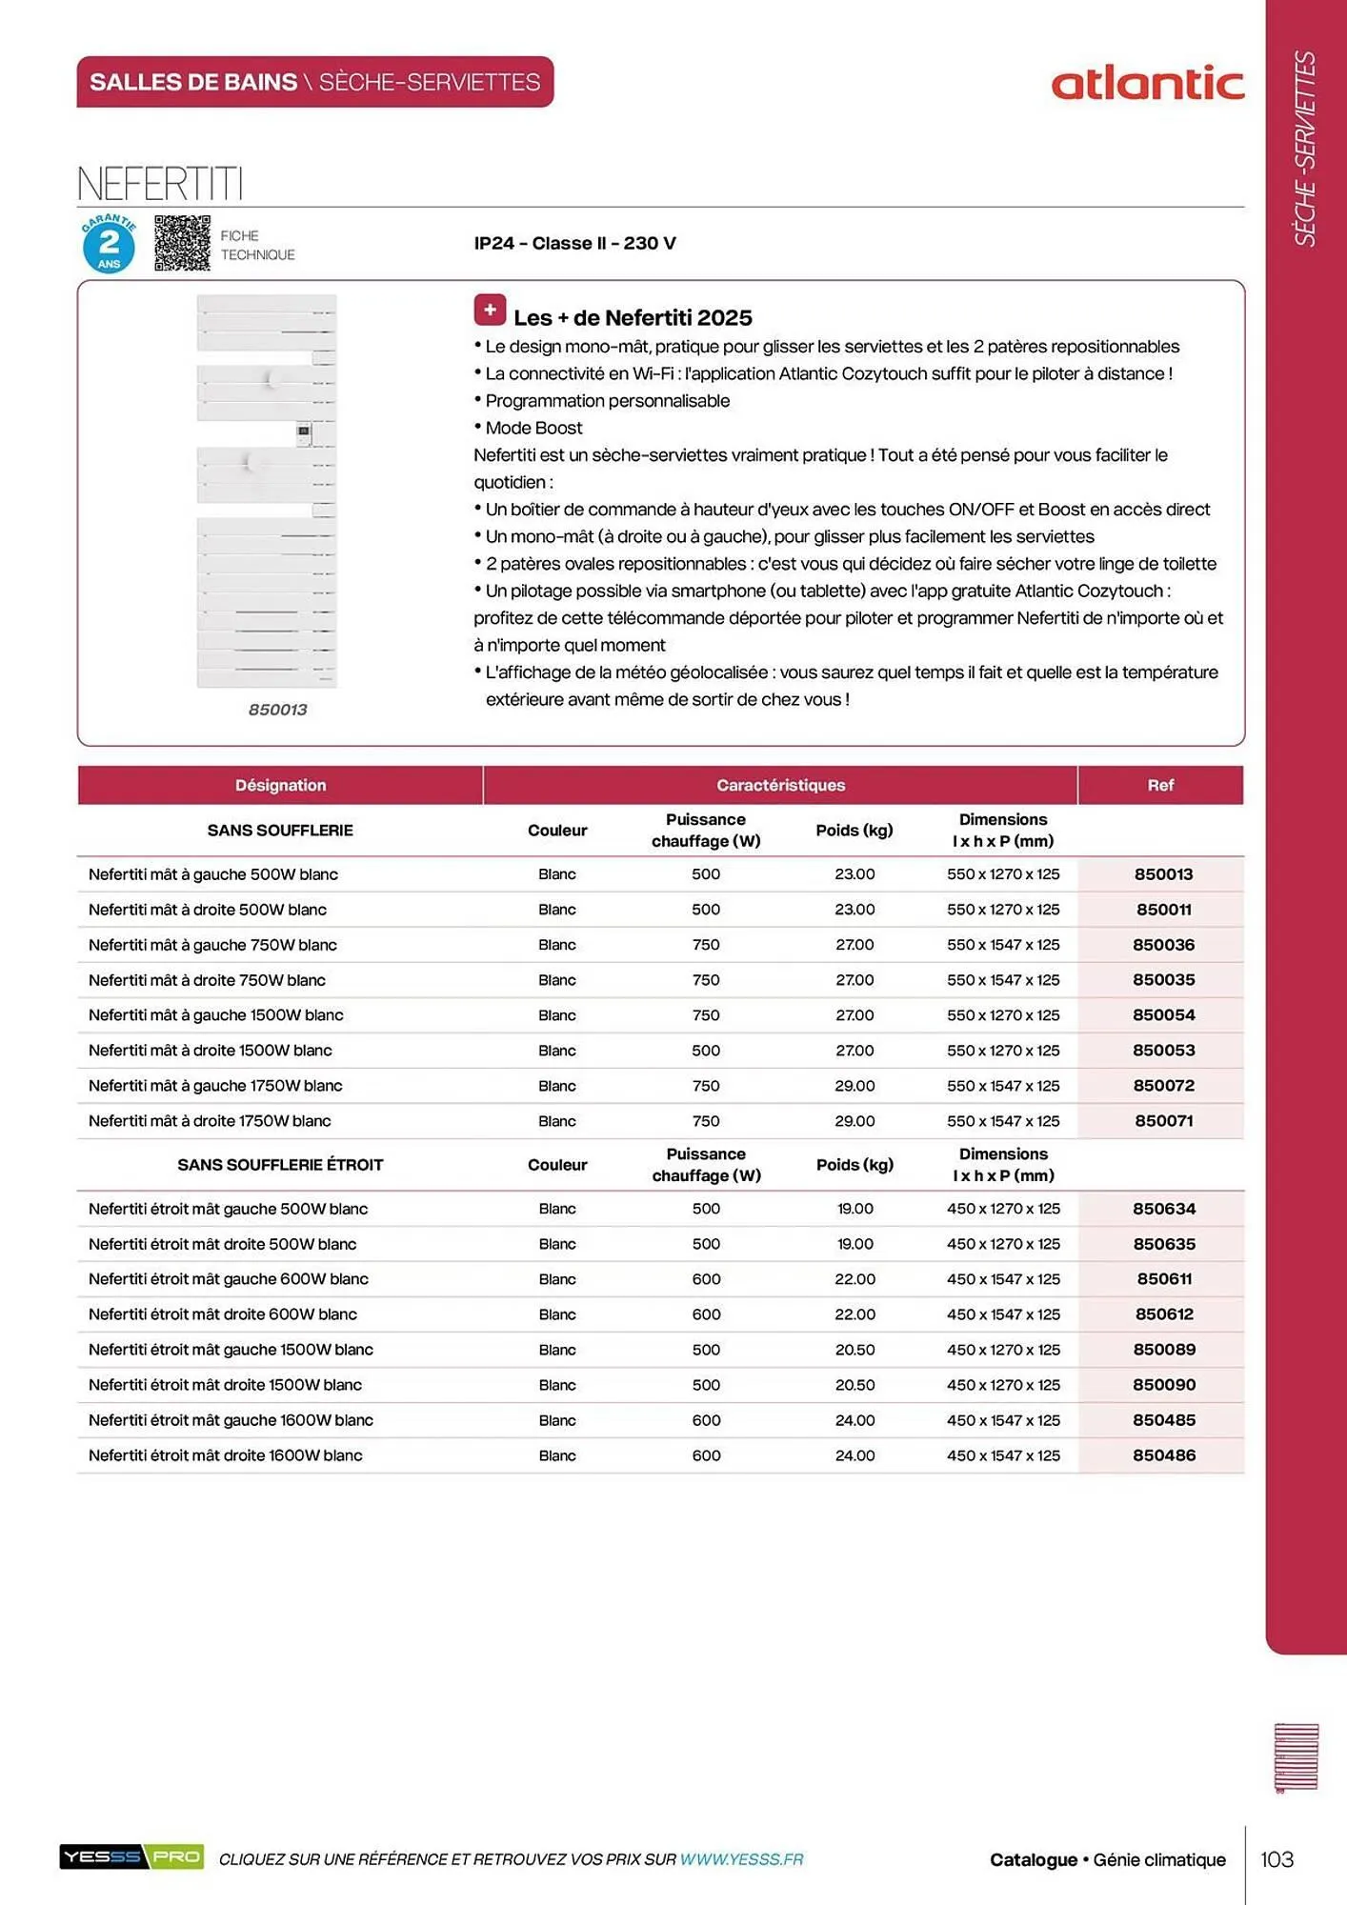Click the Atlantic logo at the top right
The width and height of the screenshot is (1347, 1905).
1147,84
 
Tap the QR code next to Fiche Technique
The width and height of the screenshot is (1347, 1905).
182,243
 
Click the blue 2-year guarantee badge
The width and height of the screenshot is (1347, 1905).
109,244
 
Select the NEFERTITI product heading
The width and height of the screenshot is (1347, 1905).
160,183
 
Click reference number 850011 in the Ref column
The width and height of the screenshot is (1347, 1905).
1163,910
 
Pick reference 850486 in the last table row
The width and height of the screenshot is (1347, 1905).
1163,1455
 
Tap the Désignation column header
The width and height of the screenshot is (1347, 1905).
280,785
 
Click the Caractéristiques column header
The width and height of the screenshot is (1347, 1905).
780,785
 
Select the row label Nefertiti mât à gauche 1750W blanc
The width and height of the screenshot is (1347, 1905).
215,1086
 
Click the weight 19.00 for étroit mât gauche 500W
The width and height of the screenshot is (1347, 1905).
854,1209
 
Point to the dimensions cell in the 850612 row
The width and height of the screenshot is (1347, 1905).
1003,1314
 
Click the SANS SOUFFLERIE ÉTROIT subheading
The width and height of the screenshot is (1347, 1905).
280,1165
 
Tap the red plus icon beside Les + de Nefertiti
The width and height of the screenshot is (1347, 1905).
490,311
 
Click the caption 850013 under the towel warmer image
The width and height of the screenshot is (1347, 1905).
277,710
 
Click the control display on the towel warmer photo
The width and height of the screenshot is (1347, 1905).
303,433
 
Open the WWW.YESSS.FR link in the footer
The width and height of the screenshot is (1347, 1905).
741,1859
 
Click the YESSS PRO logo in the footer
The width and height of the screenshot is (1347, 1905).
131,1856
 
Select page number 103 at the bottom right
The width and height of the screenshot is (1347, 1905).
1277,1859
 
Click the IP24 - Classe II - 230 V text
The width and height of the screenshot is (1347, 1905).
574,243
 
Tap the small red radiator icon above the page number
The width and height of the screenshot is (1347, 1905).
1296,1757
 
